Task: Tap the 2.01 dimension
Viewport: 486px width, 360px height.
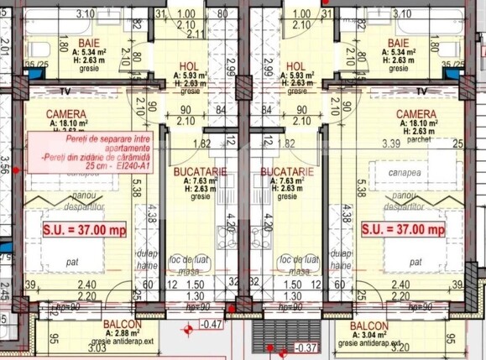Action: [5, 56]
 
